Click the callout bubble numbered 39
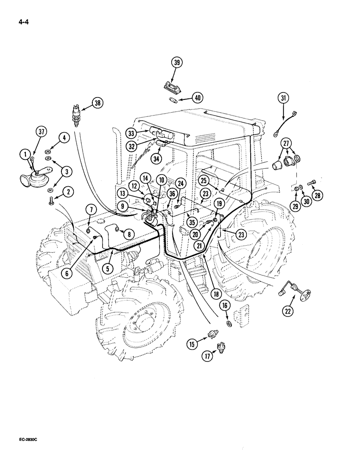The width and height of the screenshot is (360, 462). click(x=176, y=63)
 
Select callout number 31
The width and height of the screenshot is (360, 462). click(x=282, y=98)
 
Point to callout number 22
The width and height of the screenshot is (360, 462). click(x=288, y=312)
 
